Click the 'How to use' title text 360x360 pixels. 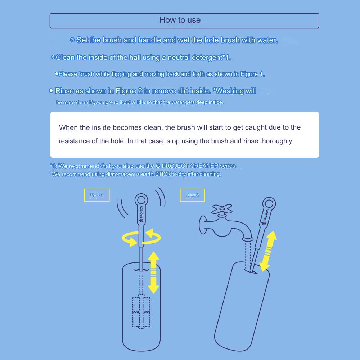(180, 20)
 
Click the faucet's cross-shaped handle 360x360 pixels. (221, 209)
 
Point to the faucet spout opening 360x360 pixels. (248, 239)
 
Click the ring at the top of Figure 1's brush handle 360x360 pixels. (136, 200)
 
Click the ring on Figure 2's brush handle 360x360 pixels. (264, 204)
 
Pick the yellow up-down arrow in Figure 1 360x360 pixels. (154, 273)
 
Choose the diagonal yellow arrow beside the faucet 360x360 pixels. (269, 251)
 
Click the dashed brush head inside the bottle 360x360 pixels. (141, 312)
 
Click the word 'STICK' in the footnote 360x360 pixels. (163, 174)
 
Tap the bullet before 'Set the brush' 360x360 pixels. (72, 40)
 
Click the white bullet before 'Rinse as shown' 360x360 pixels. (51, 91)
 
